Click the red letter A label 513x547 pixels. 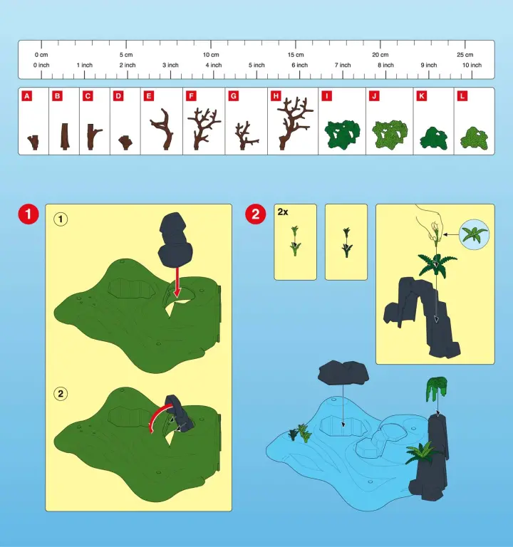pyautogui.click(x=26, y=96)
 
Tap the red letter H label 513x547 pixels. pyautogui.click(x=276, y=96)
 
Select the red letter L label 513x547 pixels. pyautogui.click(x=462, y=96)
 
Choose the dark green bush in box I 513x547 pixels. pyautogui.click(x=342, y=135)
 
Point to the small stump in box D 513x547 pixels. pyautogui.click(x=125, y=142)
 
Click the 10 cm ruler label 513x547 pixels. pyautogui.click(x=211, y=55)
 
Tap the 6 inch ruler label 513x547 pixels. pyautogui.click(x=300, y=66)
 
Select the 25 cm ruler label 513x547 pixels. pyautogui.click(x=465, y=55)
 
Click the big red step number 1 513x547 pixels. pyautogui.click(x=28, y=214)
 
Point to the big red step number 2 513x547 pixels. pyautogui.click(x=256, y=214)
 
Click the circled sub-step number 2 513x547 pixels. pyautogui.click(x=61, y=394)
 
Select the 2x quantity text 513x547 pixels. pyautogui.click(x=283, y=212)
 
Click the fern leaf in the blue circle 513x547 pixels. pyautogui.click(x=474, y=234)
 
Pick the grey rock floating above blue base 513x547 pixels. pyautogui.click(x=343, y=373)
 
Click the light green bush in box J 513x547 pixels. pyautogui.click(x=390, y=135)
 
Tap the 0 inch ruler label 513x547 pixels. pyautogui.click(x=41, y=66)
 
